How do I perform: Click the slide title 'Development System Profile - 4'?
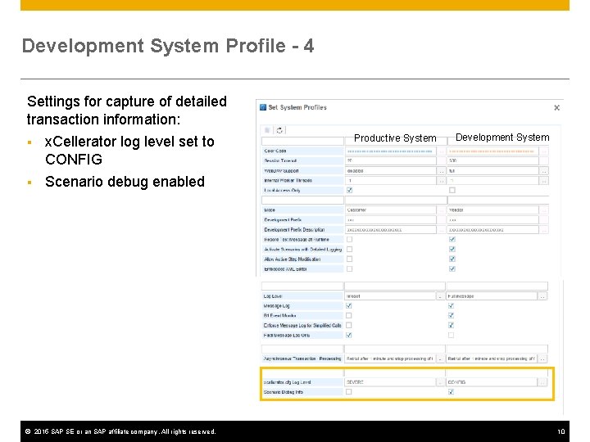tap(167, 46)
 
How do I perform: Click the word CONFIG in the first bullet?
tap(74, 159)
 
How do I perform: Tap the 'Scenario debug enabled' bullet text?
tap(125, 182)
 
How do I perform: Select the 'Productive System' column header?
tap(395, 138)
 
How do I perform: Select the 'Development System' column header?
tap(502, 138)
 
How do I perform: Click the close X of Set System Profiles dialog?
tap(557, 107)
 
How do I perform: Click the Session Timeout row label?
tap(280, 160)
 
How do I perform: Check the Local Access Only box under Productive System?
tap(350, 191)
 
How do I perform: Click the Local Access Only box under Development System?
tap(452, 191)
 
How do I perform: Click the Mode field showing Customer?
tap(389, 210)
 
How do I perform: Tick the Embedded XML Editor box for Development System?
tap(452, 269)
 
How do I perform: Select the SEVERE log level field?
tap(389, 382)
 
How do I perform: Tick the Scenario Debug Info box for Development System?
tap(452, 392)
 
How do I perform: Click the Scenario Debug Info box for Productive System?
tap(350, 392)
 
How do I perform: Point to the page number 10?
tap(561, 431)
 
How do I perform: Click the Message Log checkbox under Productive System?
tap(350, 306)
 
